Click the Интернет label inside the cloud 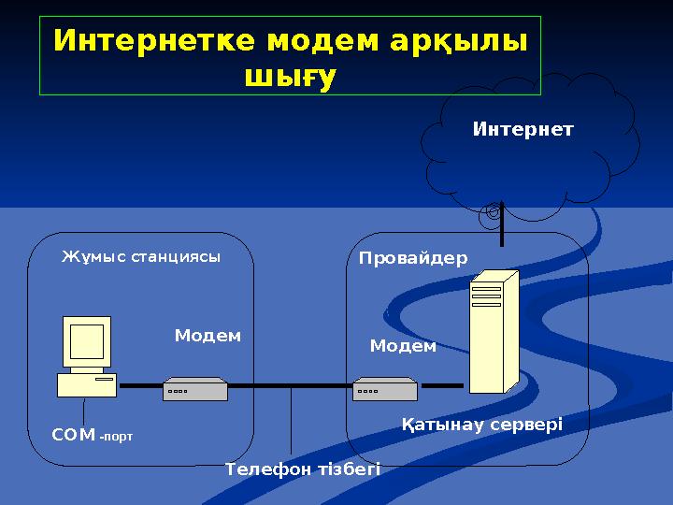pyautogui.click(x=523, y=129)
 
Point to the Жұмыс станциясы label pyautogui.click(x=141, y=256)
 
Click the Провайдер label pyautogui.click(x=413, y=258)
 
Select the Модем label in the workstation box pyautogui.click(x=208, y=335)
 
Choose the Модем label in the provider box pyautogui.click(x=403, y=346)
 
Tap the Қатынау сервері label pyautogui.click(x=481, y=426)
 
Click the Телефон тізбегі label pyautogui.click(x=303, y=469)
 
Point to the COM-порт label pyautogui.click(x=92, y=435)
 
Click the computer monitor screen pyautogui.click(x=86, y=341)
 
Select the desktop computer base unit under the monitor pyautogui.click(x=87, y=384)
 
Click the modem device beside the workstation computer pyautogui.click(x=195, y=389)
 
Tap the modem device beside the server pyautogui.click(x=384, y=389)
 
